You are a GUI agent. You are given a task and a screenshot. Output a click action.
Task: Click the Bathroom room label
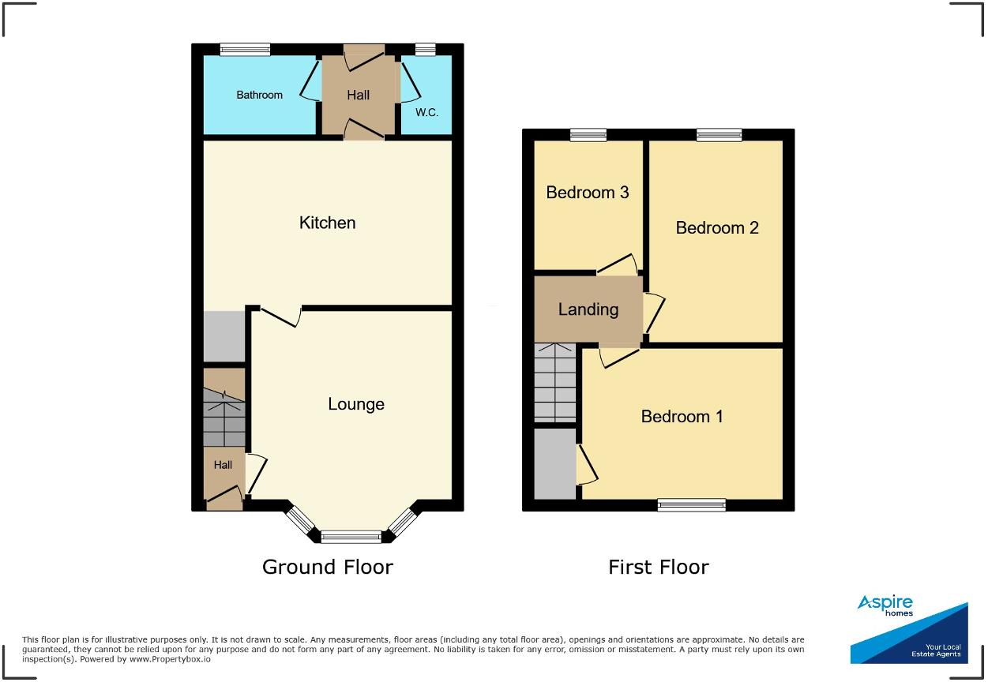click(259, 95)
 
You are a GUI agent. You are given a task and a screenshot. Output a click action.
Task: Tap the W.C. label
click(426, 113)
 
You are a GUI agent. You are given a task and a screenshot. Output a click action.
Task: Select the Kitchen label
click(327, 223)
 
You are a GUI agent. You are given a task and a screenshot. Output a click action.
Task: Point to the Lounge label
click(356, 404)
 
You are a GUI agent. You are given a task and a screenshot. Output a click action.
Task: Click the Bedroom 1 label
click(682, 417)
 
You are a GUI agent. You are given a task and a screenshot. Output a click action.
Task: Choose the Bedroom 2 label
click(717, 228)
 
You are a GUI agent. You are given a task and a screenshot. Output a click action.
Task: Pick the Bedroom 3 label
click(588, 193)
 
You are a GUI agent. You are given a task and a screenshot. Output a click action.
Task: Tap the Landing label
click(588, 309)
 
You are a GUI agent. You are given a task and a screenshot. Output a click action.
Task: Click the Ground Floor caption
click(327, 567)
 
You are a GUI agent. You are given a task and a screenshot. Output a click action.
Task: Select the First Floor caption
click(658, 567)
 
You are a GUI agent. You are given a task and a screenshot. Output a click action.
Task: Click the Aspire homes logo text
click(885, 605)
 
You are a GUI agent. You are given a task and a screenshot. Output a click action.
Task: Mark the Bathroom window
click(245, 49)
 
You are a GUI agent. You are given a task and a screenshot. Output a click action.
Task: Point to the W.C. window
click(425, 49)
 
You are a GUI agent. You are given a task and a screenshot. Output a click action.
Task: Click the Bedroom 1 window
click(691, 505)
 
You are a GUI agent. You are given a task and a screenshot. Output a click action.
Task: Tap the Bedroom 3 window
click(588, 135)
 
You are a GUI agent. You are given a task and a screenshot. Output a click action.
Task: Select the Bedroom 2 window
click(719, 135)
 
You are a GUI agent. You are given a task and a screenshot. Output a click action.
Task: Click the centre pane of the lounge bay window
click(351, 538)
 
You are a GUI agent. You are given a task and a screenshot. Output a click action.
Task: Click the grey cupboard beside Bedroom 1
click(554, 464)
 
